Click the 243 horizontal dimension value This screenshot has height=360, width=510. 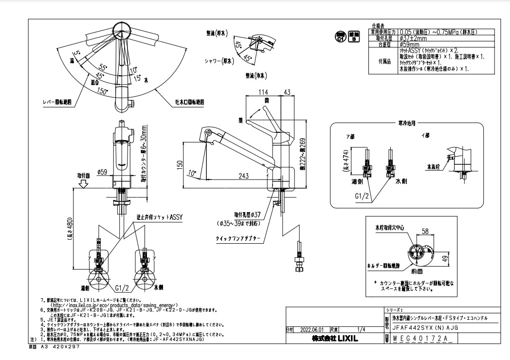(x=245, y=176)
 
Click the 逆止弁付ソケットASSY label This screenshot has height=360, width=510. (x=159, y=218)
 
